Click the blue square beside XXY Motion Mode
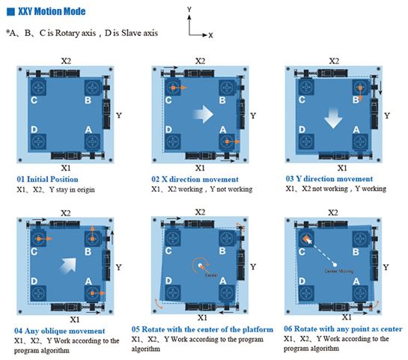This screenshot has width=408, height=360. [x=10, y=12]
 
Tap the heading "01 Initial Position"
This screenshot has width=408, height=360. [x=47, y=179]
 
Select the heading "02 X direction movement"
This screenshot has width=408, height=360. [x=195, y=179]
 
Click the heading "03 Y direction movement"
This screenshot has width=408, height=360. [x=329, y=179]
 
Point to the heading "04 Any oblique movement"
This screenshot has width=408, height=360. [x=60, y=331]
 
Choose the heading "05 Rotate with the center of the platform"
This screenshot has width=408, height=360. [x=202, y=329]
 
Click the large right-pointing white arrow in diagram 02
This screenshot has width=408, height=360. [x=203, y=115]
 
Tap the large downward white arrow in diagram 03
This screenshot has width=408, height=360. [x=333, y=118]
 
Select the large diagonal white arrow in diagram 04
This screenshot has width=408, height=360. [x=68, y=266]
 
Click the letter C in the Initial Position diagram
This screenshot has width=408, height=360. [x=34, y=100]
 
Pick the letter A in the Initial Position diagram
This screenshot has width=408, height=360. [x=88, y=129]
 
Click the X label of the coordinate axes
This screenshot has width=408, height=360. [x=210, y=35]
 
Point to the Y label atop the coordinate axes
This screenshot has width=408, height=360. [x=189, y=10]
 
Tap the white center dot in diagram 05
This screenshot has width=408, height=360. [x=201, y=266]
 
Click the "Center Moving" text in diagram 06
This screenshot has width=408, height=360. [x=339, y=271]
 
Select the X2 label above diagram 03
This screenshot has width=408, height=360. [x=334, y=61]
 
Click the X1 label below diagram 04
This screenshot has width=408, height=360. [x=75, y=320]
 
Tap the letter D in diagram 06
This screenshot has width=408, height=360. [x=302, y=281]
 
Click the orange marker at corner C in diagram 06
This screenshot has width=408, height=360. [x=305, y=238]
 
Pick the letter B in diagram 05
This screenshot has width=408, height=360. [x=222, y=251]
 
